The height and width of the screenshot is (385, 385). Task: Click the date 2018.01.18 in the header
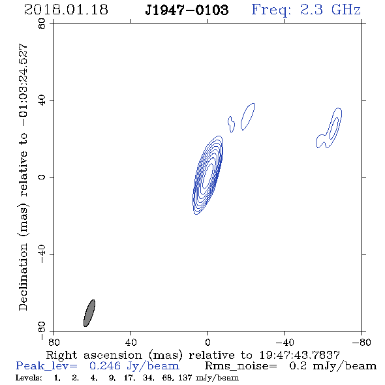[x=66, y=10]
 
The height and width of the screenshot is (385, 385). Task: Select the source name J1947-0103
[x=187, y=10]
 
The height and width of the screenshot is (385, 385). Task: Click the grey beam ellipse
[x=89, y=313]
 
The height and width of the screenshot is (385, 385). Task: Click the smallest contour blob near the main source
[x=231, y=124]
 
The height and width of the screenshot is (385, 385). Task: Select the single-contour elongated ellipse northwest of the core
[x=248, y=116]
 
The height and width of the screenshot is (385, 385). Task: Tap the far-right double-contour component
[x=329, y=128]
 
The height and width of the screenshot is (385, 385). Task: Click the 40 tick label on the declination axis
[x=42, y=100]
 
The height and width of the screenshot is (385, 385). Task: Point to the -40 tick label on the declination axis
[x=42, y=254]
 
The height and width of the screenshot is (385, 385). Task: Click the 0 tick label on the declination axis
[x=42, y=177]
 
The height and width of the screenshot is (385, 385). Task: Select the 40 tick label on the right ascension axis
[x=131, y=342]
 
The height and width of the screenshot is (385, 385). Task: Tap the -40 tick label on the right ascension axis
[x=285, y=342]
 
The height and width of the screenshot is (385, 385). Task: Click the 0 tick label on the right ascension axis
[x=208, y=342]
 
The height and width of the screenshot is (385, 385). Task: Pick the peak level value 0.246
[x=105, y=366]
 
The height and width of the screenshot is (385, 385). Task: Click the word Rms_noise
[x=241, y=366]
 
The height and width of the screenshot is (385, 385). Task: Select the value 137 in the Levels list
[x=185, y=378]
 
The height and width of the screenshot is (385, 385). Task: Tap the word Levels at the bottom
[x=29, y=378]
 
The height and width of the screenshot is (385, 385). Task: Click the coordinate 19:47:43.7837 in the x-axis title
[x=300, y=355]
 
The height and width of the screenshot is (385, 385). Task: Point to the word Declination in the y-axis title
[x=23, y=277]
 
